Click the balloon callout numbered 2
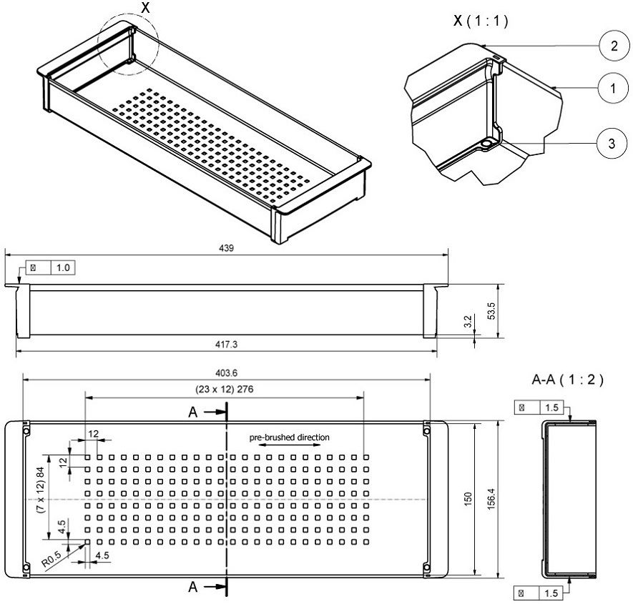tap(609, 47)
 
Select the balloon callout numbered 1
tap(609, 89)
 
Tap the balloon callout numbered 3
tap(609, 143)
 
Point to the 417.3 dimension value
tap(226, 345)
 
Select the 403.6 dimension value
tap(226, 372)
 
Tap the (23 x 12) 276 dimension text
tap(226, 389)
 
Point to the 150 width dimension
tap(468, 497)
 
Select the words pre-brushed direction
tap(290, 437)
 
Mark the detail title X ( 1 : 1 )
tap(481, 21)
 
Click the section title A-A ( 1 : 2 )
tap(568, 380)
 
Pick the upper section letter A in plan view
tap(192, 412)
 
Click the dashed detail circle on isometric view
tap(129, 44)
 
